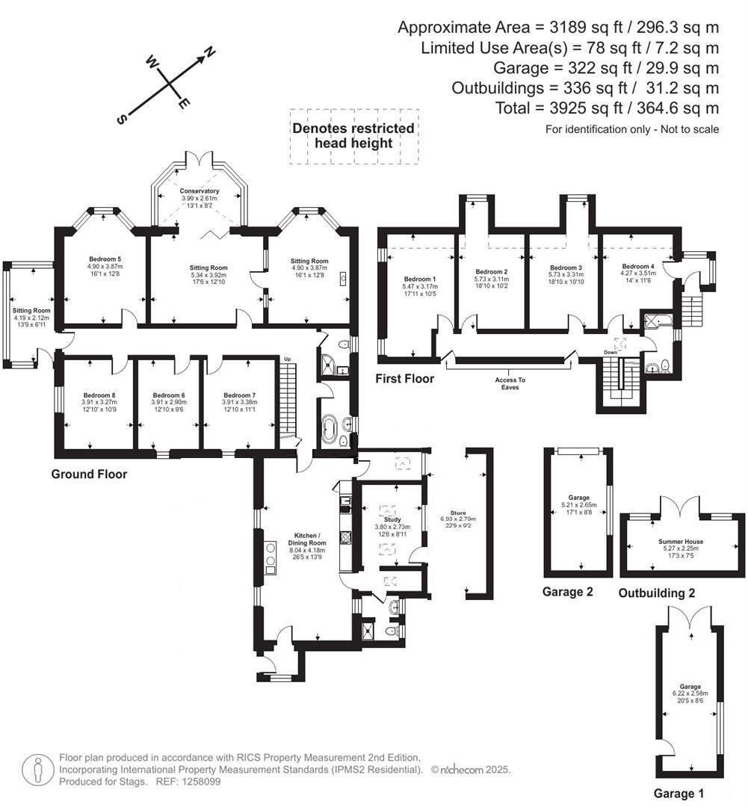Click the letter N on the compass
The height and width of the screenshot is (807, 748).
[x=210, y=52]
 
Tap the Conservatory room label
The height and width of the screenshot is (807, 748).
[x=200, y=191]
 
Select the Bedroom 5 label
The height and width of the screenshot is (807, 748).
[x=104, y=259]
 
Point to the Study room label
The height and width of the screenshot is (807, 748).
[x=392, y=519]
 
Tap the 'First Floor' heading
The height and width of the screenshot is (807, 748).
[x=404, y=380]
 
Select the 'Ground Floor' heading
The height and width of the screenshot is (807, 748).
[x=89, y=474]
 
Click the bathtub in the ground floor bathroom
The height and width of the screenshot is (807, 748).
[x=330, y=430]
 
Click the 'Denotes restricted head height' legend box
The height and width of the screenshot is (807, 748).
[x=353, y=136]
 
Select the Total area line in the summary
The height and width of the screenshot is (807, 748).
[x=607, y=108]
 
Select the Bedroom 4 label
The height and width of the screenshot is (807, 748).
[x=639, y=267]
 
